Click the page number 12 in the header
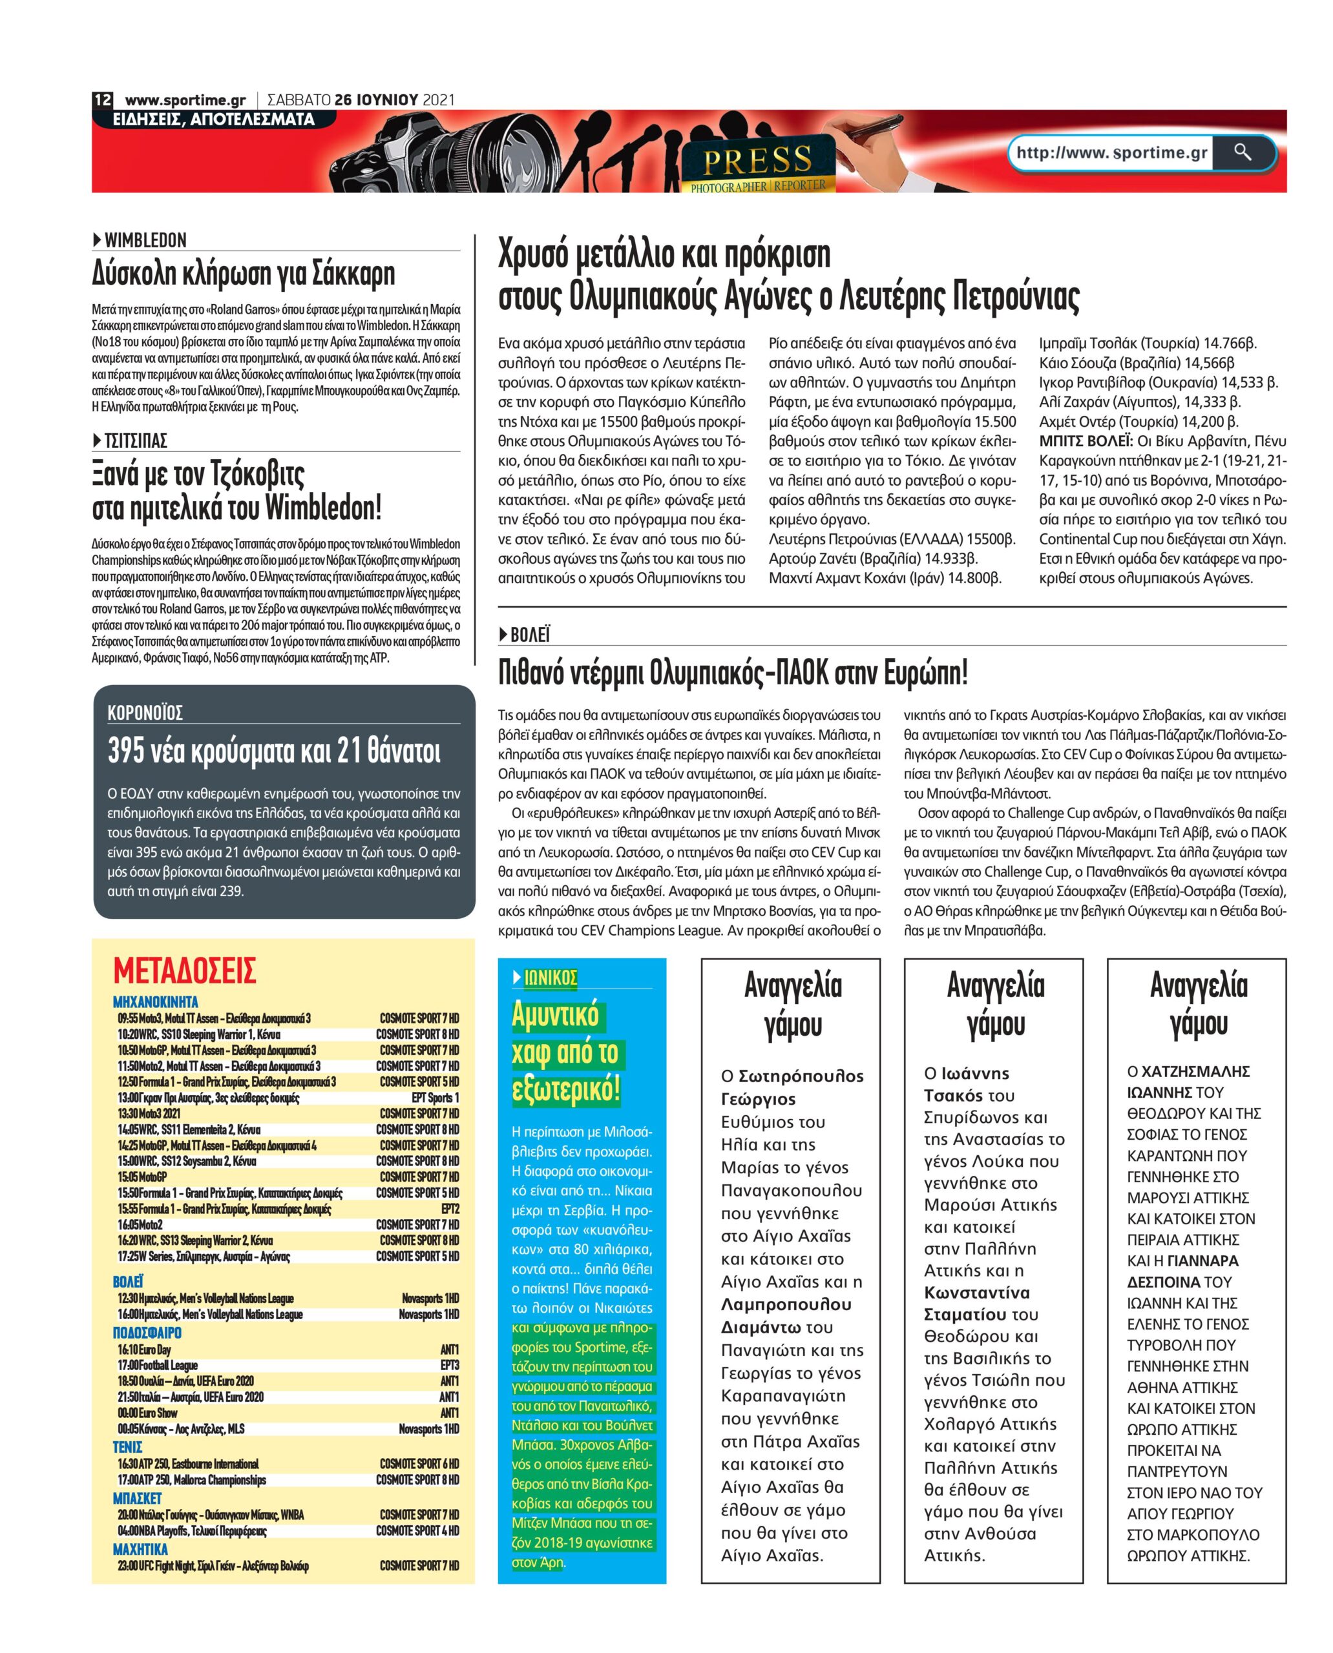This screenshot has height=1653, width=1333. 103,100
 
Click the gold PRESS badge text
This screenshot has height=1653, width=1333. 757,160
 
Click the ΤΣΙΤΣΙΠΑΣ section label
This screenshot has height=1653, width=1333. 135,440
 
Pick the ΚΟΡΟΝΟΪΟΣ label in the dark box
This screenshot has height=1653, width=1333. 145,713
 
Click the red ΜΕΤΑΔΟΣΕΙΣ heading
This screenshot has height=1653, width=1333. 184,970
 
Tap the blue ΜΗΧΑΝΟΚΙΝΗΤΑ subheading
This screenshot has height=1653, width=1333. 155,1001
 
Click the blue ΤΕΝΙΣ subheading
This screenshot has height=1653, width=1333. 127,1446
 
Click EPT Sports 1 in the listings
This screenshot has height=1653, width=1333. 435,1098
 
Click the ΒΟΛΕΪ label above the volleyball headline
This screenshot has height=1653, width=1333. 530,635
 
